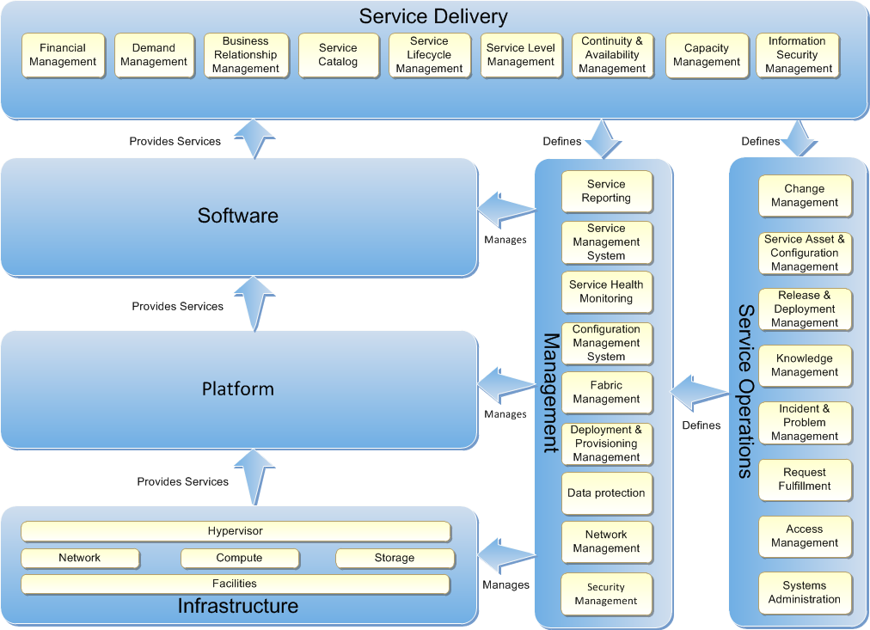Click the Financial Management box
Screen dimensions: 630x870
[63, 55]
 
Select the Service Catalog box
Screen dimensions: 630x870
[338, 55]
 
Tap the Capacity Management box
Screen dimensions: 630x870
[707, 55]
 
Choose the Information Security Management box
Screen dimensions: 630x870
[798, 55]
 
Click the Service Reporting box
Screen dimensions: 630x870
[606, 191]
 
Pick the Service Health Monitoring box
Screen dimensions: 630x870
[606, 292]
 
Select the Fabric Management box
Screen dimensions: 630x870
[606, 393]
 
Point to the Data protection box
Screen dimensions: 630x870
[606, 493]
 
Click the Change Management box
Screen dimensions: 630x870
[805, 196]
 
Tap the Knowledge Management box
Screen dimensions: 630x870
[805, 366]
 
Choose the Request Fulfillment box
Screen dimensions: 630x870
[805, 480]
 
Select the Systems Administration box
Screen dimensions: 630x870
[805, 593]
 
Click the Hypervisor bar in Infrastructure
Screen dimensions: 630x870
[236, 531]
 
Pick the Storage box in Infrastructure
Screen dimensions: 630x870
[395, 559]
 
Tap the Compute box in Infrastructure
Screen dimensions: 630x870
[239, 559]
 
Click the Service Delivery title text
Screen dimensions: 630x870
[433, 16]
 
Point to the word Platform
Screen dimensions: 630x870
[238, 389]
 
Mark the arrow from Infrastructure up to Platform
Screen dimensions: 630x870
[254, 478]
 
